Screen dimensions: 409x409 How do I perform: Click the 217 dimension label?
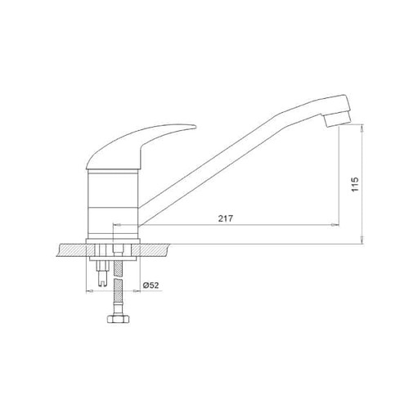226,218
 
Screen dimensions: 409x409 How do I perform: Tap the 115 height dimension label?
355,184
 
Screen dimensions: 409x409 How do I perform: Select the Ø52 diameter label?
151,285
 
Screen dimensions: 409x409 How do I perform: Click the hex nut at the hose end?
118,319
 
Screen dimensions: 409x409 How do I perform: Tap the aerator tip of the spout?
337,119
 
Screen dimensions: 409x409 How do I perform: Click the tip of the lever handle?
196,126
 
